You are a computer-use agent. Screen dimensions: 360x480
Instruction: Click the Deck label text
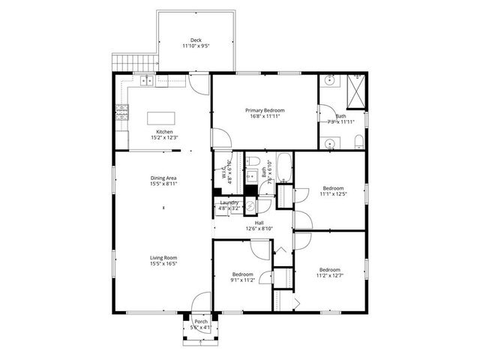click(196, 40)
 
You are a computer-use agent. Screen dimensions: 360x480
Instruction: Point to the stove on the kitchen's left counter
click(121, 112)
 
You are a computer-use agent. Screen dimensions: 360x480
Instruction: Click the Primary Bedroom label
click(265, 110)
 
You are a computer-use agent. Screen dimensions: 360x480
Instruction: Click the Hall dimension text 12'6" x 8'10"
click(259, 229)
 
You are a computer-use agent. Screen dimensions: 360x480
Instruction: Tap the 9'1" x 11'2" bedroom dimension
click(242, 280)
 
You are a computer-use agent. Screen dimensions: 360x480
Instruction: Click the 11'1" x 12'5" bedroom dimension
click(333, 193)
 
